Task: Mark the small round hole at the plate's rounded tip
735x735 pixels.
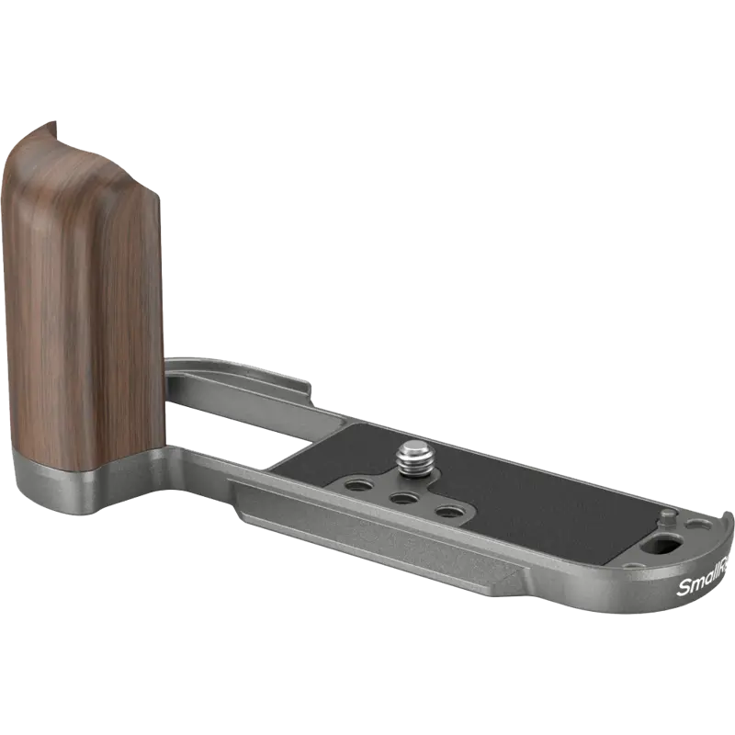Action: tap(703, 525)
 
